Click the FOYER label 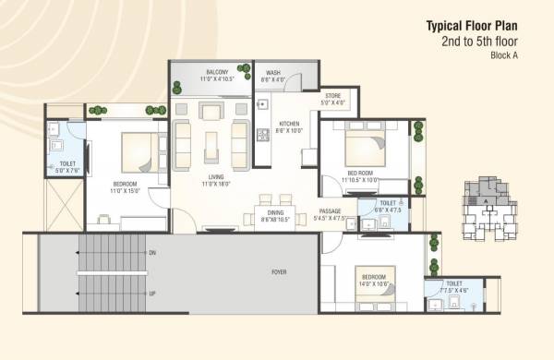pyautogui.click(x=278, y=271)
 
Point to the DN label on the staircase pyautogui.click(x=152, y=252)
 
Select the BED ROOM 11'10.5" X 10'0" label pyautogui.click(x=360, y=175)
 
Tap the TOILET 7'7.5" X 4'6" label pyautogui.click(x=454, y=287)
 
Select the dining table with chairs pyautogui.click(x=274, y=208)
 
